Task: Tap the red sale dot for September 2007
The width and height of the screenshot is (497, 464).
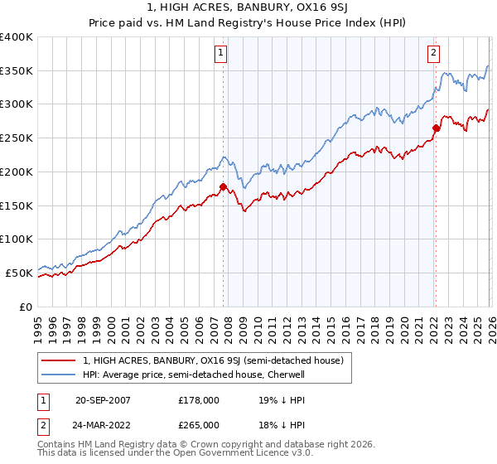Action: coord(223,186)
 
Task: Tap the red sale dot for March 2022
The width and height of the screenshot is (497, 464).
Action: coord(436,128)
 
